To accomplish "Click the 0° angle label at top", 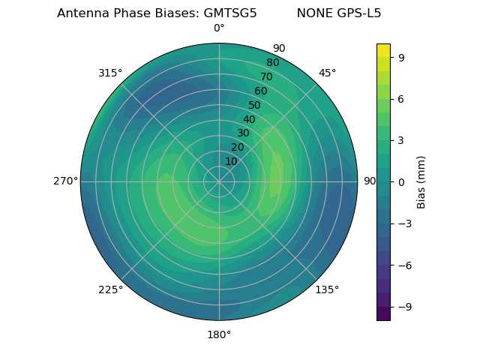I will coord(219,28).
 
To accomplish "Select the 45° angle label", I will coord(327,73).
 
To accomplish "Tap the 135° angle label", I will coord(327,289).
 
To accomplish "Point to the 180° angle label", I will coord(219,334).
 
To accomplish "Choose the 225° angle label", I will coord(110,289).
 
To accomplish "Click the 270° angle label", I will coord(65,181).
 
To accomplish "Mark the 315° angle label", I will coord(110,73).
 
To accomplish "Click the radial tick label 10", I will coord(231,161).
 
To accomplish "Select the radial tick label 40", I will coord(249,119).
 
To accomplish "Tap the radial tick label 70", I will coord(266,76).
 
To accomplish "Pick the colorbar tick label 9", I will coord(400,57).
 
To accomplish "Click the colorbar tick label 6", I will coord(400,98).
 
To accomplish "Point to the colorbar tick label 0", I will coord(400,181).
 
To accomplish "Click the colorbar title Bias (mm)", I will coord(421,181).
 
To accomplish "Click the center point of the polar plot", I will coord(219,181).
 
